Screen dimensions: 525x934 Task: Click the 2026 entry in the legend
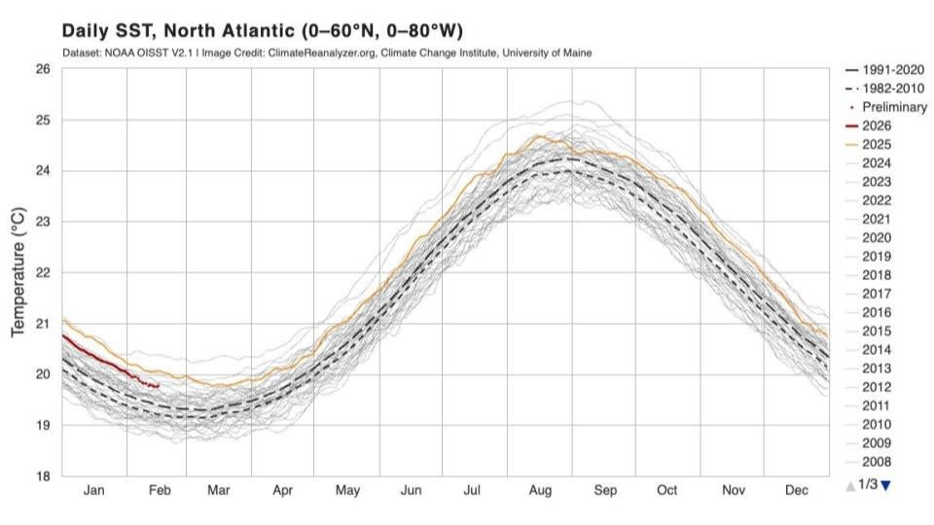click(x=876, y=125)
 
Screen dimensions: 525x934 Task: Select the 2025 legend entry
click(x=876, y=144)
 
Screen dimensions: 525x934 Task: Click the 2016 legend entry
click(x=876, y=312)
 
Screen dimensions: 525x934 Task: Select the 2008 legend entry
click(x=876, y=462)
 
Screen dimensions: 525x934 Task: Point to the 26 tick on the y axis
click(x=43, y=70)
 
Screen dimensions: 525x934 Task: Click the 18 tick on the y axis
click(x=43, y=475)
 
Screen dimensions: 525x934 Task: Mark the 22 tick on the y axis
click(x=43, y=273)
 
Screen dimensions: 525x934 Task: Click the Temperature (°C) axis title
click(x=18, y=273)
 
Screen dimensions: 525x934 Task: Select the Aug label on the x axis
click(x=539, y=491)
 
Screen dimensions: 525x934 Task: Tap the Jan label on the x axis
click(x=93, y=491)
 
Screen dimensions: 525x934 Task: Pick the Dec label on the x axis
click(x=796, y=491)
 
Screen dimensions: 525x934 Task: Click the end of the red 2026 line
click(x=159, y=386)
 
